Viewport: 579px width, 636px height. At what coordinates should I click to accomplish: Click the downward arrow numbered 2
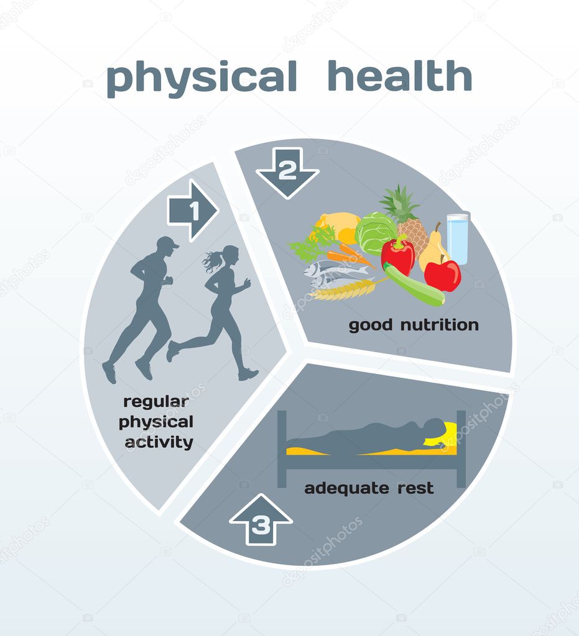(287, 173)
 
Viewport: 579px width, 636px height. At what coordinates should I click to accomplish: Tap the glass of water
(458, 238)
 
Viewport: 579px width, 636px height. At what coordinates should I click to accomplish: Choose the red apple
(443, 275)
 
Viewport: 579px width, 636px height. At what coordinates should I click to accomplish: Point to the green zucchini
(414, 284)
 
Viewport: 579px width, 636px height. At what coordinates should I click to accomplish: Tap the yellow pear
(432, 250)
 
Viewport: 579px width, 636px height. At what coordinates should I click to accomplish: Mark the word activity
(159, 442)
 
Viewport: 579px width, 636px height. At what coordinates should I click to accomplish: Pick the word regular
(156, 402)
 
